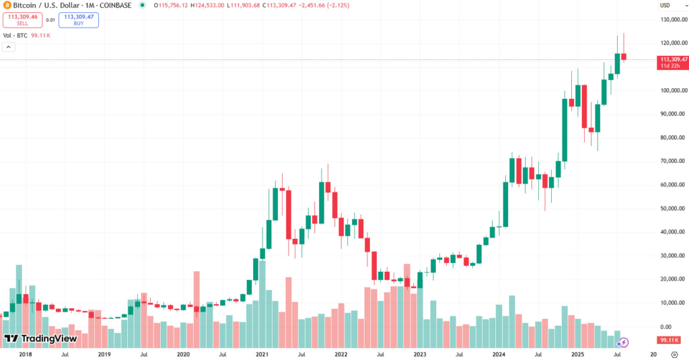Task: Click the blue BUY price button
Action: (x=78, y=20)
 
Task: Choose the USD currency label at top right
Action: (x=665, y=5)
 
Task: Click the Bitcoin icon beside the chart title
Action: (x=6, y=5)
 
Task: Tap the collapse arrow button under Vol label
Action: (x=8, y=47)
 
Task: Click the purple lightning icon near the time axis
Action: (x=623, y=343)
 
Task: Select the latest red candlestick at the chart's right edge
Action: (x=624, y=57)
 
